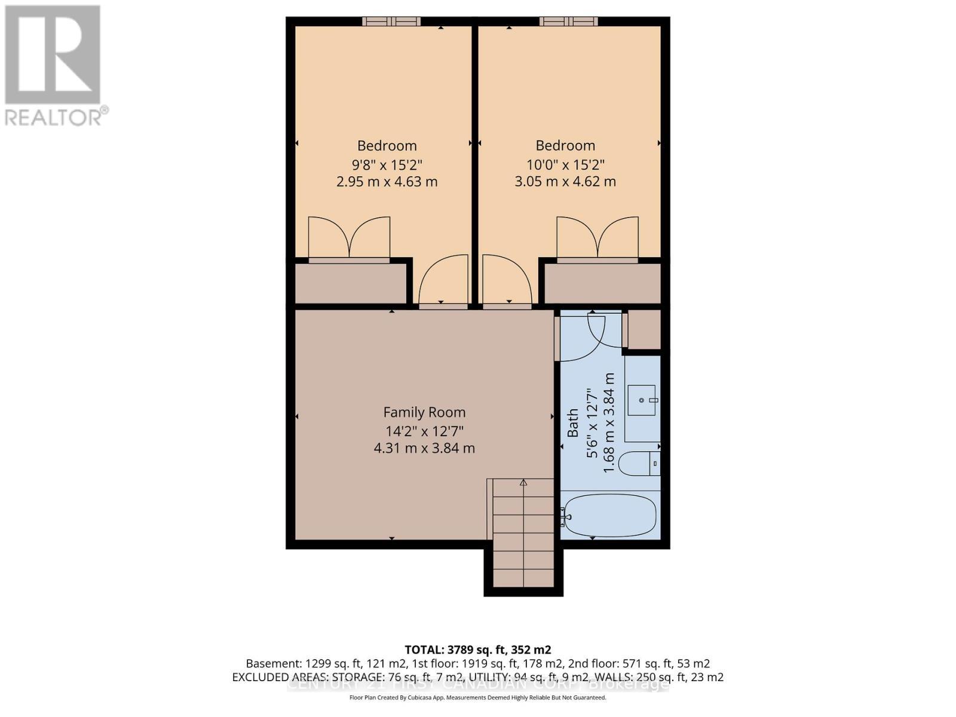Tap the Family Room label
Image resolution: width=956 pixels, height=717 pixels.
click(x=424, y=412)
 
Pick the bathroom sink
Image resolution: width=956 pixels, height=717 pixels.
click(x=642, y=400)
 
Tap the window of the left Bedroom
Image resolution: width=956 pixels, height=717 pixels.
click(x=391, y=22)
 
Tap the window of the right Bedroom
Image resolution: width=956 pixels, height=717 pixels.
click(x=569, y=22)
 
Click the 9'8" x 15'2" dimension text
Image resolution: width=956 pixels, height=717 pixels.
click(x=387, y=164)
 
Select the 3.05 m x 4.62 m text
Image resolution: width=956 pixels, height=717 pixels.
click(x=565, y=182)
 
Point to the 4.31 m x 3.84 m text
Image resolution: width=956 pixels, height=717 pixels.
click(x=424, y=448)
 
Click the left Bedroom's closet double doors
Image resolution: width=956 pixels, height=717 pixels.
click(x=349, y=239)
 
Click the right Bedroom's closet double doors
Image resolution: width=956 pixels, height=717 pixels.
click(x=597, y=239)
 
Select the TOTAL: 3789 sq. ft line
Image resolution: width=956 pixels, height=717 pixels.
click(x=477, y=649)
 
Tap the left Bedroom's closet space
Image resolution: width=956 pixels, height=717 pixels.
click(x=350, y=283)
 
